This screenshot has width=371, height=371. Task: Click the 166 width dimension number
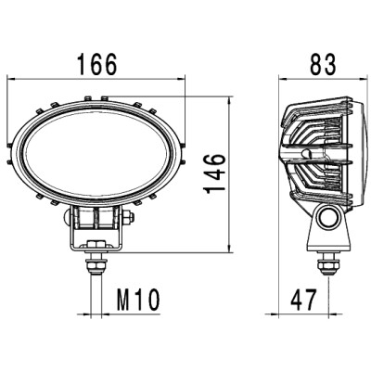coord(97,64)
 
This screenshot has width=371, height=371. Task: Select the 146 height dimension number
coord(214,173)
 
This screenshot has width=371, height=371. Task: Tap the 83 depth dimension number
coord(323,64)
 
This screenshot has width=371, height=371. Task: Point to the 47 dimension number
coord(303,300)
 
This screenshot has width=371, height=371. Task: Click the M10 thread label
coord(138,300)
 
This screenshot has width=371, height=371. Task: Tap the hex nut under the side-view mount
coord(328,267)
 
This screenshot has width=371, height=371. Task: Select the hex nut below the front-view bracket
coord(96,266)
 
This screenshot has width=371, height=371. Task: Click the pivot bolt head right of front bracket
coord(129,217)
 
